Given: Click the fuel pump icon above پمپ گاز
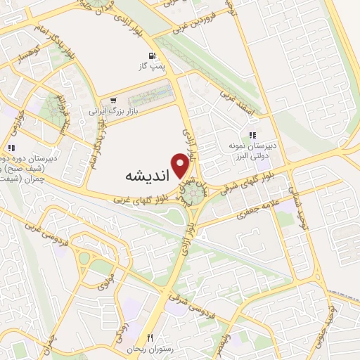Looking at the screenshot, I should [x=151, y=56].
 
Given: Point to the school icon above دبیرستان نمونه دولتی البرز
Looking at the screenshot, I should [x=252, y=136].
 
